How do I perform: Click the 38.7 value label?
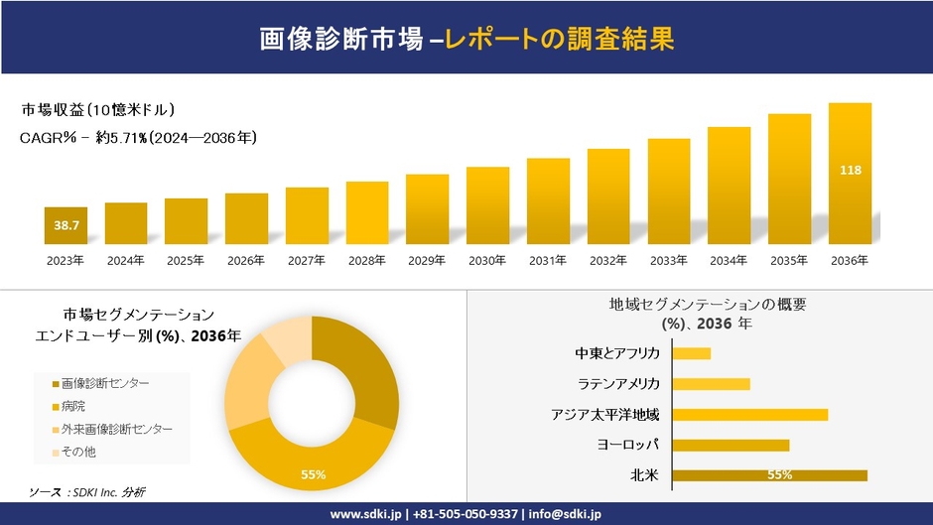(66, 226)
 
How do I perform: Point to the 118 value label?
(850, 171)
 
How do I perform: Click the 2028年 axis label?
(366, 261)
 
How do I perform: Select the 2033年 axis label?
(668, 261)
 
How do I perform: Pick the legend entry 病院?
(73, 405)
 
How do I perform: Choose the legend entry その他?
(78, 452)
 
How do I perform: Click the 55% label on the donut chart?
(314, 475)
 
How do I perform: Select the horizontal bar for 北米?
(769, 475)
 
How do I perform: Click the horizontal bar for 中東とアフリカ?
(692, 353)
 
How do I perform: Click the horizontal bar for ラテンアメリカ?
(711, 384)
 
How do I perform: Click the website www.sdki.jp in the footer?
(365, 514)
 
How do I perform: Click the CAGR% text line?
(138, 138)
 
